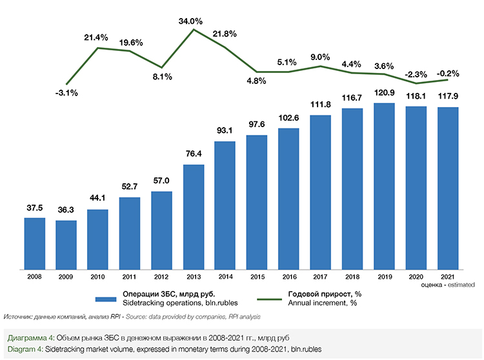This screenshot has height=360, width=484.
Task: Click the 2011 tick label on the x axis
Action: pos(130,277)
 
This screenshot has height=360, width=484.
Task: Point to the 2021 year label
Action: pos(448,277)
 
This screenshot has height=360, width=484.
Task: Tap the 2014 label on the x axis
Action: pos(225,277)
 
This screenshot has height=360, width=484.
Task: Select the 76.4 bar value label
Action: pos(194,155)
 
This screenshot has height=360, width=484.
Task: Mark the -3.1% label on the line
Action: pos(66,93)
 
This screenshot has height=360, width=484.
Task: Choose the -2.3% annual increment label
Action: pos(416,74)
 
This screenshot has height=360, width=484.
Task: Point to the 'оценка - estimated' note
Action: pos(447,285)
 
